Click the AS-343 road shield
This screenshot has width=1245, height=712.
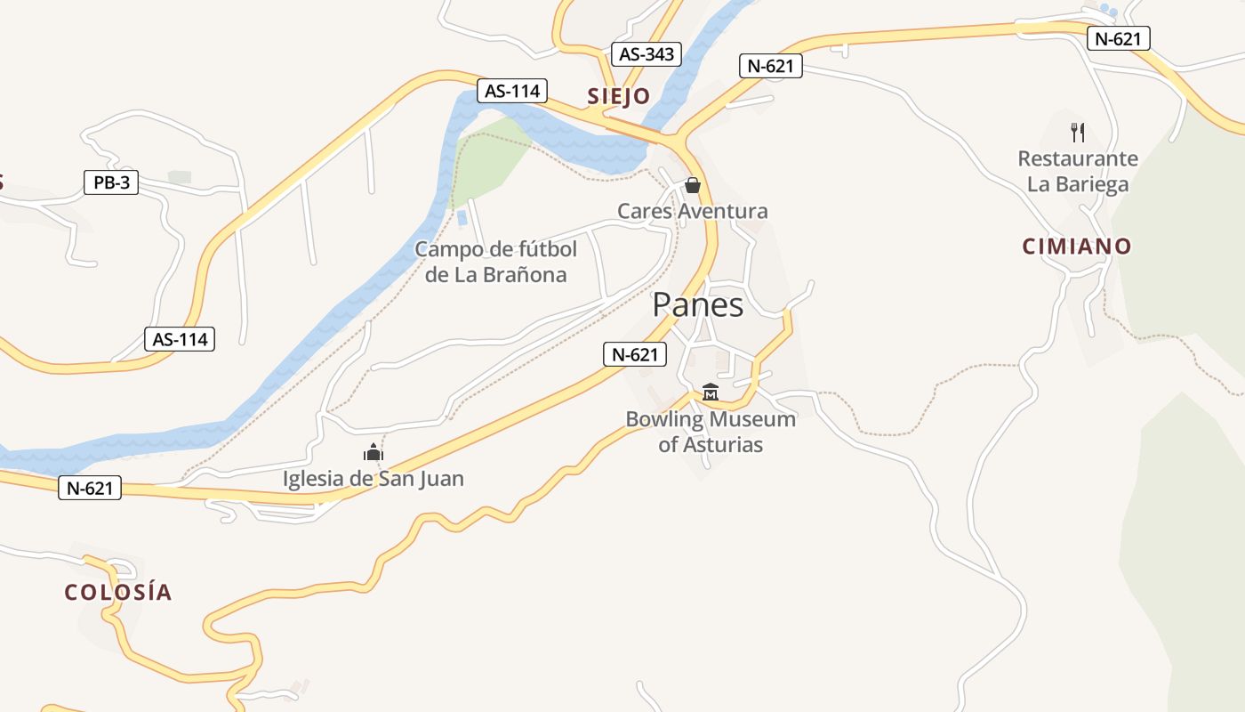[x=647, y=54]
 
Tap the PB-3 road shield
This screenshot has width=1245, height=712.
[x=111, y=182]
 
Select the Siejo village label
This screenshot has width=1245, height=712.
[x=618, y=96]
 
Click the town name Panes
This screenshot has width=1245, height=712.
[x=698, y=305]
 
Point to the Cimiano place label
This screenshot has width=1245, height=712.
[x=1077, y=247]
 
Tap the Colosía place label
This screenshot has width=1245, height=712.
[x=118, y=593]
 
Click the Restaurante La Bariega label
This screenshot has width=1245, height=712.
[x=1078, y=172]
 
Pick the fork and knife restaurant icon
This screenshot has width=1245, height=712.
[x=1078, y=133]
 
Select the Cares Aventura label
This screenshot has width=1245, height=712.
[x=693, y=212]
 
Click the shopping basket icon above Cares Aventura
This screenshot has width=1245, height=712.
[x=693, y=185]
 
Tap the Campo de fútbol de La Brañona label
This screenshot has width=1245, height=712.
[x=496, y=262]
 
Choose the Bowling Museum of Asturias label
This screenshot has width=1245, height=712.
[x=711, y=432]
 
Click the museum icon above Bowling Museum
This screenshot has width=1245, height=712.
[x=711, y=392]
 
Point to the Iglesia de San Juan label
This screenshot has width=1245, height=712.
[x=373, y=479]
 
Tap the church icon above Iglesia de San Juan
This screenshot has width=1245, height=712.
[x=373, y=453]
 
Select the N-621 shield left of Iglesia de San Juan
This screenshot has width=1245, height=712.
[x=90, y=488]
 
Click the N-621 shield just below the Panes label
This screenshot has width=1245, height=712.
[x=635, y=354]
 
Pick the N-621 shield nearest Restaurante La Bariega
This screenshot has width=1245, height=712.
[x=1119, y=38]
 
